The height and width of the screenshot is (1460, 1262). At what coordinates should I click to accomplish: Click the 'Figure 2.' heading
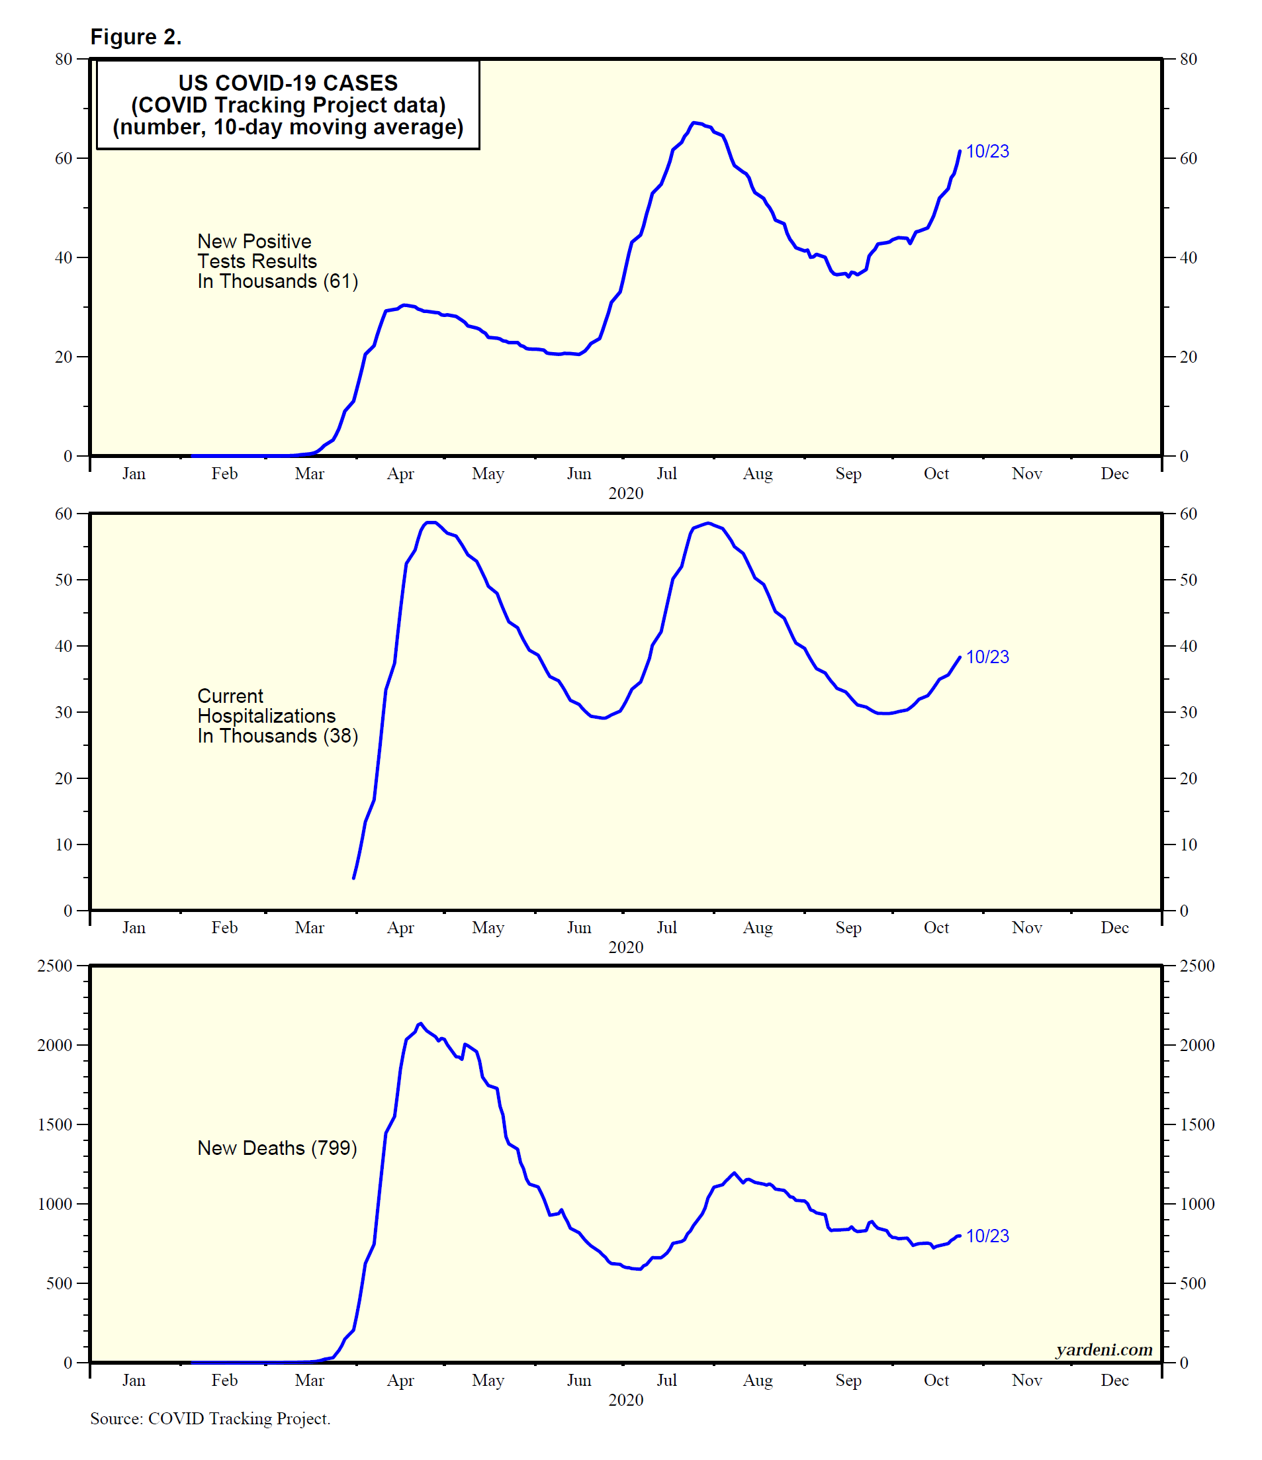pos(136,36)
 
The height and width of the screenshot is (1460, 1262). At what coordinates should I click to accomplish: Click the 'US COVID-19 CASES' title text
pos(287,83)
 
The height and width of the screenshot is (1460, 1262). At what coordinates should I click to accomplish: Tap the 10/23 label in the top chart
pos(987,152)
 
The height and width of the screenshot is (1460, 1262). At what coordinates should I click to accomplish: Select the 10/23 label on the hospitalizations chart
pos(987,657)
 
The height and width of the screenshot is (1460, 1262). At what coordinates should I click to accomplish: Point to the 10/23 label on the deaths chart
pos(987,1236)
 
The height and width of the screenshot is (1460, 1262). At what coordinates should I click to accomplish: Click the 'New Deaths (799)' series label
pos(277,1148)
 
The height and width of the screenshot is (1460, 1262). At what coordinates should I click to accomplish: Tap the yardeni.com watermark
pos(1103,1349)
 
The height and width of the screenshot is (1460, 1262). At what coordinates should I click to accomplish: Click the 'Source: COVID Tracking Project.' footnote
pos(210,1418)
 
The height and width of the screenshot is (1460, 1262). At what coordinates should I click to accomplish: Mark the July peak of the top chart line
pos(694,123)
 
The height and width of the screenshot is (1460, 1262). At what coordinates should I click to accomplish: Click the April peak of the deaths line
pos(421,1023)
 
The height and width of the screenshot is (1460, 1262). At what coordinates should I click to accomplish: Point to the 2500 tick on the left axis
pos(55,966)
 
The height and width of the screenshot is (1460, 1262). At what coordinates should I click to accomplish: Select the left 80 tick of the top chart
pos(64,59)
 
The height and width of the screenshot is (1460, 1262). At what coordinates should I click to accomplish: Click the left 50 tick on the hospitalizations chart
pos(64,580)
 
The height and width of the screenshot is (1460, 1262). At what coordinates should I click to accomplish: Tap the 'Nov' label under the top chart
pos(1026,473)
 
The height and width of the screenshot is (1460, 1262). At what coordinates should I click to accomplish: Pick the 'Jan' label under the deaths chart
pos(134,1381)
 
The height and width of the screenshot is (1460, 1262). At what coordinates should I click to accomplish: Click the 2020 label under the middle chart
pos(626,947)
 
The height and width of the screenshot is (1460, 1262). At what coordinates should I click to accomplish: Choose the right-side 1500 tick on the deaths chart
pos(1196,1124)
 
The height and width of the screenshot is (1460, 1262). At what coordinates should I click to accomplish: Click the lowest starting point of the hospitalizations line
pos(354,878)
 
